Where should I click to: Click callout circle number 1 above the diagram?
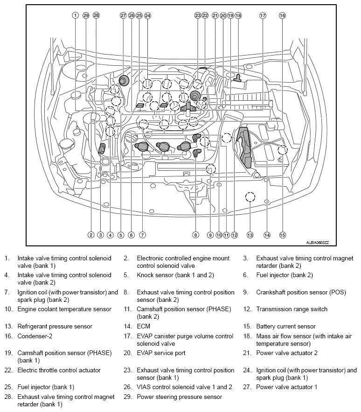pos(75,15)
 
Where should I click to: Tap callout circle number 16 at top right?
pos(282,15)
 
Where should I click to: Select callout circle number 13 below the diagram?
pos(250,235)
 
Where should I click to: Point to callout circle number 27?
pos(123,15)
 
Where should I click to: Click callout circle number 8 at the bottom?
pos(196,235)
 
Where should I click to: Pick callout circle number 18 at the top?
pos(238,15)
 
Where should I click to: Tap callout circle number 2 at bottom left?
pos(91,235)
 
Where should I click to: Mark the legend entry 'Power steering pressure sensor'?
pos(179,397)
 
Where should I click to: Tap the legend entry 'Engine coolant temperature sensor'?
pos(64,309)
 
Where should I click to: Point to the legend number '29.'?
pos(127,397)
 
